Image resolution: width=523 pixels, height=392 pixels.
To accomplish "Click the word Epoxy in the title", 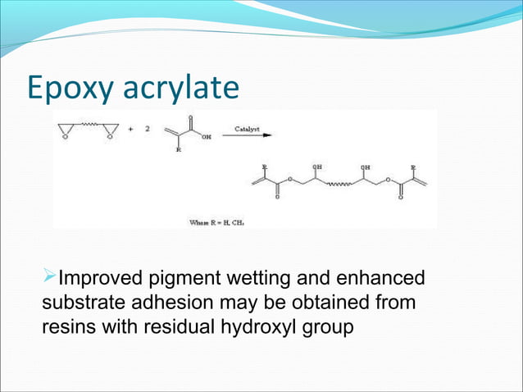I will point(66,89).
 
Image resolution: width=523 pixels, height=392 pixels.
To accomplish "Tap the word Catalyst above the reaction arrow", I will point(248,129).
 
